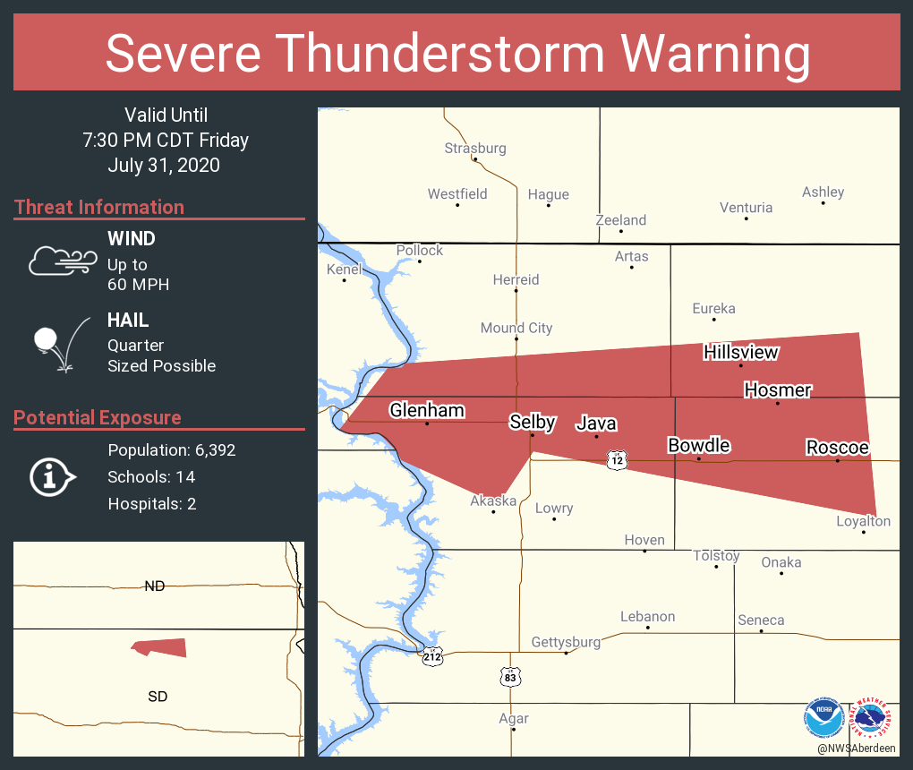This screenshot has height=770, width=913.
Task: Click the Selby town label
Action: coord(533,422)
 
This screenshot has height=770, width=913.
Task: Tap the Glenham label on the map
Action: coord(427,410)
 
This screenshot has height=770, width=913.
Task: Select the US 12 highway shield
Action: coord(616,460)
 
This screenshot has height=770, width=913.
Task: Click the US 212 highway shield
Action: coord(433,656)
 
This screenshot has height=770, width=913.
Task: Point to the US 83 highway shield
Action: coord(509,677)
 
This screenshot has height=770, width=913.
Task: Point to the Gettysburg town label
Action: coord(566,642)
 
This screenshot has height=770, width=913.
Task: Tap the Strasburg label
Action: coord(475,148)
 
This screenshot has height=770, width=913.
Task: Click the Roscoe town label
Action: coord(837,447)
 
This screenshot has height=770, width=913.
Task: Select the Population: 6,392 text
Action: coord(172,449)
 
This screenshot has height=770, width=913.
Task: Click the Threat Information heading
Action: coord(99,207)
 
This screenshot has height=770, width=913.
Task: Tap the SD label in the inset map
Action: coord(158,696)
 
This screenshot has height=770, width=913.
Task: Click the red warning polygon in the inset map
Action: coord(160,647)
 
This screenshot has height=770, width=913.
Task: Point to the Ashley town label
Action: coord(823,192)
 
